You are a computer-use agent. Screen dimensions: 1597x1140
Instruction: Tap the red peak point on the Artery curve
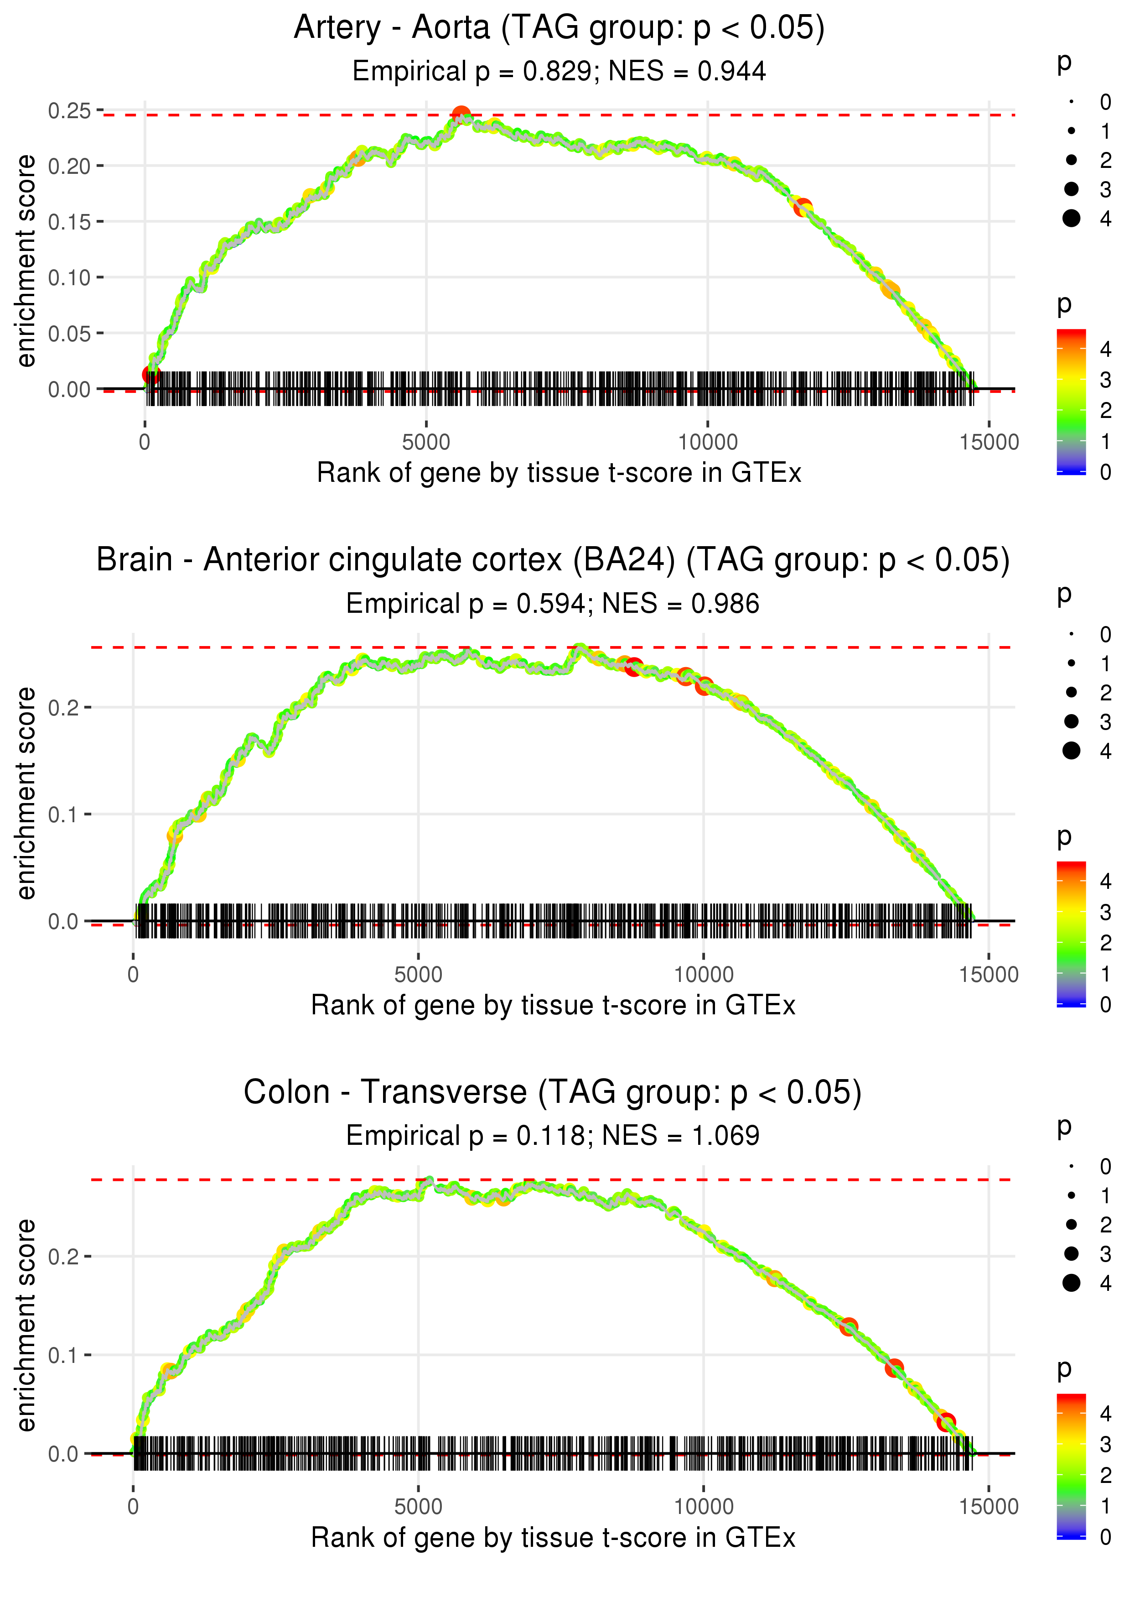[461, 115]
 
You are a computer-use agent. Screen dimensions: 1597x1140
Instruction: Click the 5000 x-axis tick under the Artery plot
[425, 443]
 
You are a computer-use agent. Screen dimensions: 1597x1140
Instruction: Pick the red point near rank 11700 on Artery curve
[803, 207]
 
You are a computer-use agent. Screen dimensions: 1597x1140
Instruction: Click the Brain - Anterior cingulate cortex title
[553, 560]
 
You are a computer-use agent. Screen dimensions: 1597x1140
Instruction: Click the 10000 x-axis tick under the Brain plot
[703, 975]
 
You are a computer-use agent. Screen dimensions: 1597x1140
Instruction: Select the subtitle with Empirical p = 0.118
[553, 1136]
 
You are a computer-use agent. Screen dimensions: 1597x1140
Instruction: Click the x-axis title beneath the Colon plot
[553, 1538]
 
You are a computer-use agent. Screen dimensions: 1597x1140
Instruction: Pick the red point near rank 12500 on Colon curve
[849, 1326]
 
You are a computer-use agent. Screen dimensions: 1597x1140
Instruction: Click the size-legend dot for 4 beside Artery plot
[1071, 219]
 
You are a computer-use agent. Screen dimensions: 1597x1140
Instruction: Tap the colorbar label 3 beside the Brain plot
[1105, 912]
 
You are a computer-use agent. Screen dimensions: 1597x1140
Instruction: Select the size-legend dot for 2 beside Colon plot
[1071, 1224]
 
